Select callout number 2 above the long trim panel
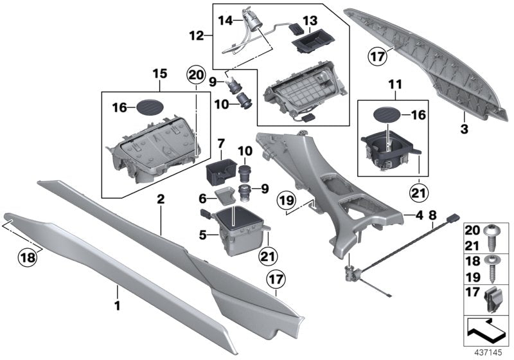pos(161,201)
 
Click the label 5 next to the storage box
pos(202,235)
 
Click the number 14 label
pos(226,21)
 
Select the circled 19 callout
pos(289,204)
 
